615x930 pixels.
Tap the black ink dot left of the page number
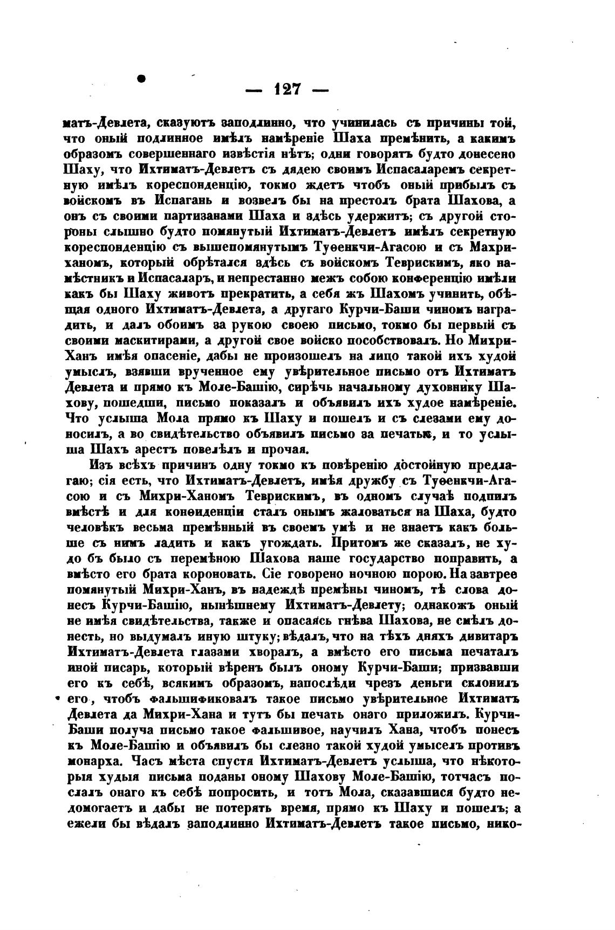pyautogui.click(x=142, y=79)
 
